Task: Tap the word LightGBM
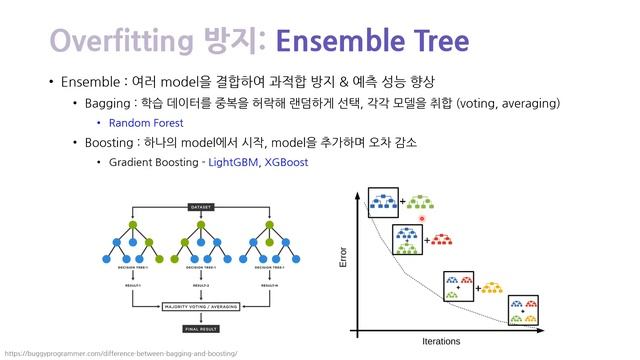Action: pyautogui.click(x=231, y=161)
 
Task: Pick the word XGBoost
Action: pyautogui.click(x=286, y=161)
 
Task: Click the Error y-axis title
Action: pyautogui.click(x=344, y=257)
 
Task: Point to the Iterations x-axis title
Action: pyautogui.click(x=441, y=341)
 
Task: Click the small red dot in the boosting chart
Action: pyautogui.click(x=422, y=218)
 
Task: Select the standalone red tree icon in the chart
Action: pyautogui.click(x=442, y=240)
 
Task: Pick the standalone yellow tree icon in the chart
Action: pyautogui.click(x=493, y=288)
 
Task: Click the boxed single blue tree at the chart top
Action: pyautogui.click(x=383, y=202)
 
